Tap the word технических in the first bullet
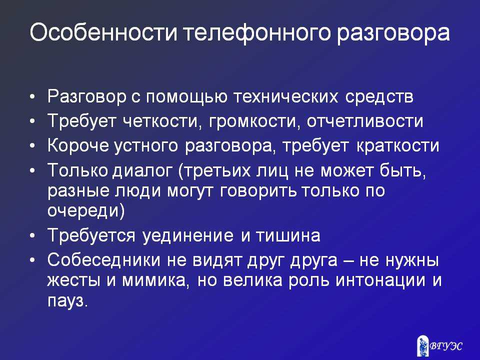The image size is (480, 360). point(286,96)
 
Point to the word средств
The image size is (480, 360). point(379,97)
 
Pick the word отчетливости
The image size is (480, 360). point(365,121)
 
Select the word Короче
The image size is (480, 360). point(78,145)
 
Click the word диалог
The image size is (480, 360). point(142,171)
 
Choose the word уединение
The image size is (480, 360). point(188,236)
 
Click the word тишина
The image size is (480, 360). point(288,236)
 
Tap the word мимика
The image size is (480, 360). point(154,281)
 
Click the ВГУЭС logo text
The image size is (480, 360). point(446,346)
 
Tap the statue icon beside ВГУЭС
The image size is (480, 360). point(423,346)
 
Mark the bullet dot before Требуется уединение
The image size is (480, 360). point(33,236)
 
